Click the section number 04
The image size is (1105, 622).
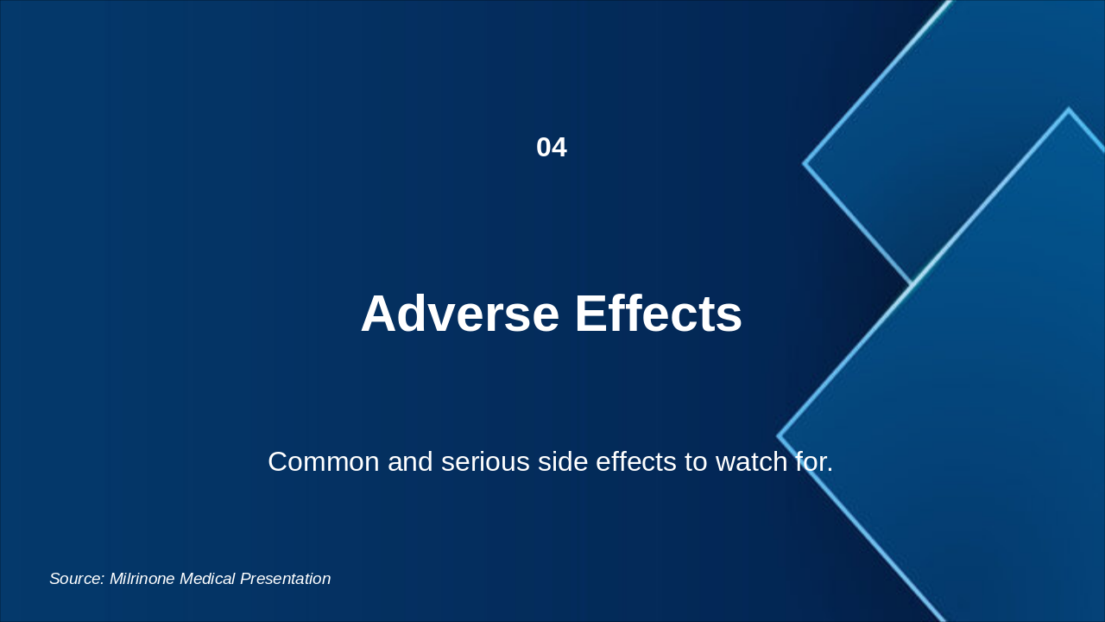(551, 148)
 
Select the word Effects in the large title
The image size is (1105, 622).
(659, 314)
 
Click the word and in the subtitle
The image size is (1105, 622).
(410, 462)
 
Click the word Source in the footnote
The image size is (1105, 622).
(76, 579)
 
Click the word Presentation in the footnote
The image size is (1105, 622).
(286, 579)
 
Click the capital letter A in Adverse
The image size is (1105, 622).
(379, 314)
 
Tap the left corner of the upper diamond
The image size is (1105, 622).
(805, 162)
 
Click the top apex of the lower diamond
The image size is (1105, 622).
(1068, 110)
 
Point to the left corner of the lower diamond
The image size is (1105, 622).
(779, 436)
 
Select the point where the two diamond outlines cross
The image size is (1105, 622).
(912, 284)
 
